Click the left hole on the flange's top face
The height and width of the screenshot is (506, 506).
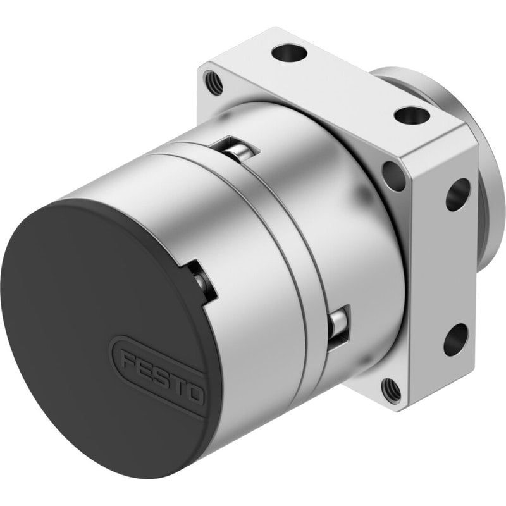(x=288, y=52)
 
